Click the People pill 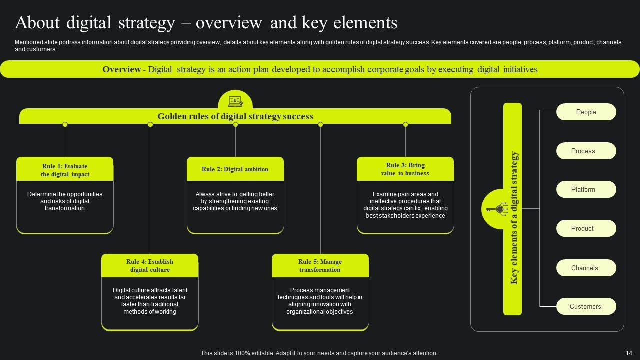pos(586,112)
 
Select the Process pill pos(586,151)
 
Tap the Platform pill pos(586,190)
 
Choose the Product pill pos(586,229)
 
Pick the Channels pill pos(586,268)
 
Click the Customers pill pos(586,307)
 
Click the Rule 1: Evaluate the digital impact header pos(65,170)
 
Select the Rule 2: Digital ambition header pos(235,169)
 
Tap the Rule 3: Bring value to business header pos(405,169)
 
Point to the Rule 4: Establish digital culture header pos(150,266)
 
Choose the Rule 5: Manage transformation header pos(320,266)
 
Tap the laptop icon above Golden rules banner pos(235,101)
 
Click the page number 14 pos(629,353)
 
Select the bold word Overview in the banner pos(121,69)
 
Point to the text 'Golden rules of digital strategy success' pos(235,116)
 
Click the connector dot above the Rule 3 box pos(405,124)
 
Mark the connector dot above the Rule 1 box pos(65,124)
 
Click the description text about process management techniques pos(320,301)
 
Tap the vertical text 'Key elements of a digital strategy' pos(513,218)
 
